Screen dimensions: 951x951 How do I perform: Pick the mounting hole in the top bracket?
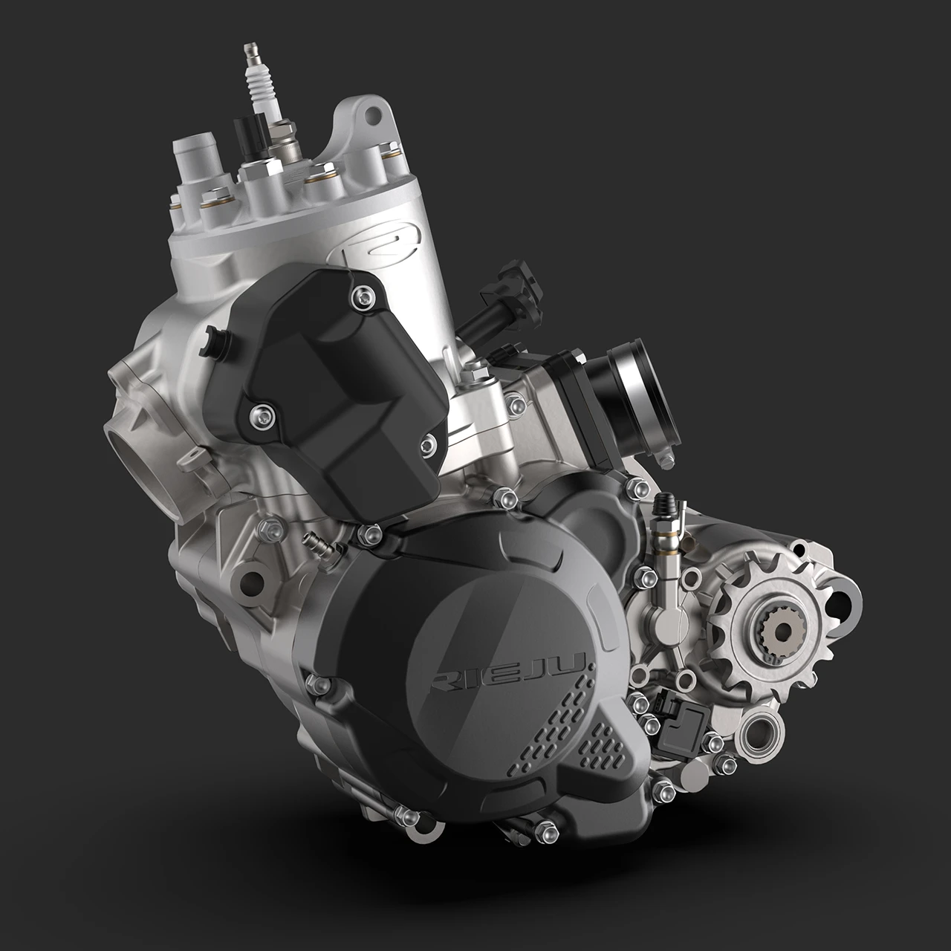373,115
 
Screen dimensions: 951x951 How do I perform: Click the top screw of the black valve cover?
363,296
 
